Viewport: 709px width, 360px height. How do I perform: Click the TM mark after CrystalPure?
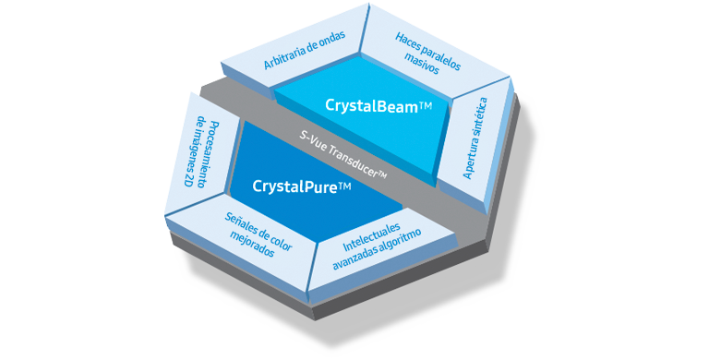(344, 188)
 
